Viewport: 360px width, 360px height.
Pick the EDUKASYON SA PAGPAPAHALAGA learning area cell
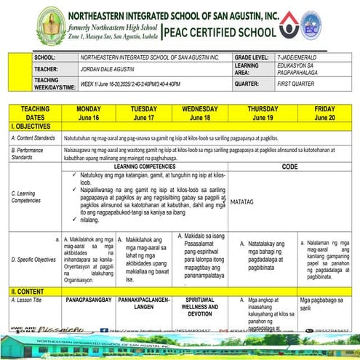click(297, 69)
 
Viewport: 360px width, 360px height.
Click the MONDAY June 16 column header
click(88, 112)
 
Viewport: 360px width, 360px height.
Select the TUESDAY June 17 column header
click(143, 112)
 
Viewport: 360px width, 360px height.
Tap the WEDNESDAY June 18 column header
click(199, 112)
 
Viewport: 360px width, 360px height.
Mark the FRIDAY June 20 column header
click(324, 112)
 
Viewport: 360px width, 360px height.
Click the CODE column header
click(289, 167)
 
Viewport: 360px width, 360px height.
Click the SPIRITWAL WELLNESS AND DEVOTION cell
click(199, 308)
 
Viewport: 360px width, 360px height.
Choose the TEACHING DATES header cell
click(34, 112)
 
